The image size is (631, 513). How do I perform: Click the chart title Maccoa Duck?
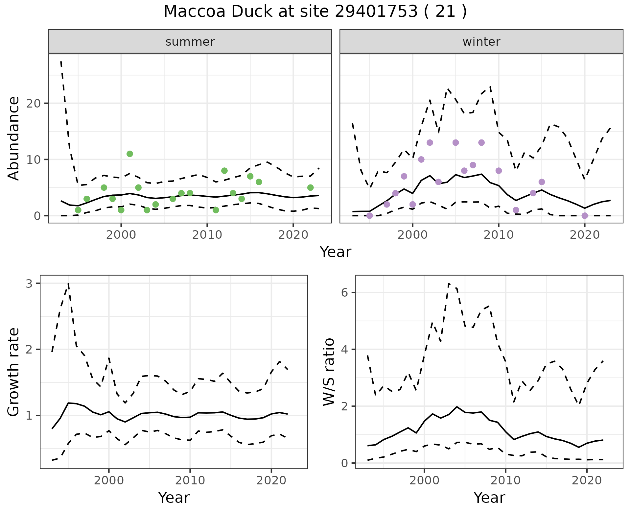coord(315,12)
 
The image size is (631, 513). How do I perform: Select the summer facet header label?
coord(190,42)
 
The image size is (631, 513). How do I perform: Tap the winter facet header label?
coord(481,42)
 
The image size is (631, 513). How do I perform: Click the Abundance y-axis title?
coord(14,138)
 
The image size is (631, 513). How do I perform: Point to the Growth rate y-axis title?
coord(14,372)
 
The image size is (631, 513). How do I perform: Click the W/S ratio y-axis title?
coord(329,372)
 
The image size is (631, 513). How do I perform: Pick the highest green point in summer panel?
coord(130,154)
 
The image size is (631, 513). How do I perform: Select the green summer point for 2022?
coord(310,187)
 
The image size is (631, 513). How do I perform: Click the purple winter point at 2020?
coord(585,216)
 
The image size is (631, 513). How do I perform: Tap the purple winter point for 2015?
coord(542,182)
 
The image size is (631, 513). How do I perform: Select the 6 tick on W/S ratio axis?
coord(345,293)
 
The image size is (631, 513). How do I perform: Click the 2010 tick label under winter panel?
coord(499,235)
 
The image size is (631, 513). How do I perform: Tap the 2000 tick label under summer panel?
coord(121,235)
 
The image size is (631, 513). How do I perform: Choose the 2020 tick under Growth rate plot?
coord(271,480)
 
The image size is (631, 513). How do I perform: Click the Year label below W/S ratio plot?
coord(489,498)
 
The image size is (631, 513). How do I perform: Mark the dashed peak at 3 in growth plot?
coord(68,283)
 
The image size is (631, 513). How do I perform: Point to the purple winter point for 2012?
coord(516,210)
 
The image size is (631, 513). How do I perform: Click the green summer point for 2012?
coord(224,171)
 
